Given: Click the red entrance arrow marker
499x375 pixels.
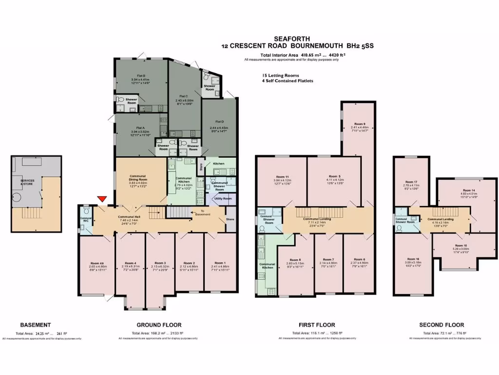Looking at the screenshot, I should pyautogui.click(x=102, y=199).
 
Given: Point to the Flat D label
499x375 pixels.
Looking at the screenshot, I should pyautogui.click(x=219, y=121).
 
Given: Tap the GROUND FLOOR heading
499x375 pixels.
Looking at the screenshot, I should pyautogui.click(x=158, y=325).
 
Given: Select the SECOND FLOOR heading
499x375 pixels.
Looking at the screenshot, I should pyautogui.click(x=441, y=325).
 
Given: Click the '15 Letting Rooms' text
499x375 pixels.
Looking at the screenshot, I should pyautogui.click(x=280, y=76).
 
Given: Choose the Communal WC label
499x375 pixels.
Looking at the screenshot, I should pyautogui.click(x=86, y=219).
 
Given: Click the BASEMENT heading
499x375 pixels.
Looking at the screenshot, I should pyautogui.click(x=35, y=325).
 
